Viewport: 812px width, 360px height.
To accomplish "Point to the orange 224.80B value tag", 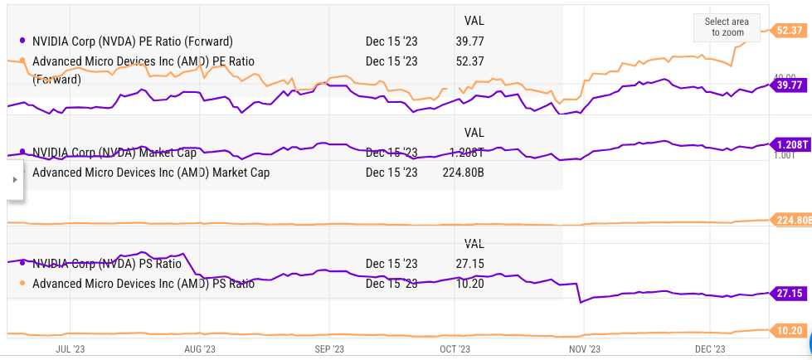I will click(792, 220).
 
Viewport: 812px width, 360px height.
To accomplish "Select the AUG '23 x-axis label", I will click(199, 349).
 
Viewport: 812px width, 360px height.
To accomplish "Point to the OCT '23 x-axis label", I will click(455, 349).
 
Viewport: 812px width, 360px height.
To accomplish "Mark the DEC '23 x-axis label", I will click(710, 349).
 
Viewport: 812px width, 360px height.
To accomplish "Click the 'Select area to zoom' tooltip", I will click(727, 27).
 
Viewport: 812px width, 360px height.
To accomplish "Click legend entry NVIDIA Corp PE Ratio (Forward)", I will click(132, 41).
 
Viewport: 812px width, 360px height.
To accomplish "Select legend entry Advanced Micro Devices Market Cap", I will click(150, 173).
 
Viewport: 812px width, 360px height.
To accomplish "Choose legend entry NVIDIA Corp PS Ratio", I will click(106, 265).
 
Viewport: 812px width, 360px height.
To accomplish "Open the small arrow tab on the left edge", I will click(12, 178).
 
